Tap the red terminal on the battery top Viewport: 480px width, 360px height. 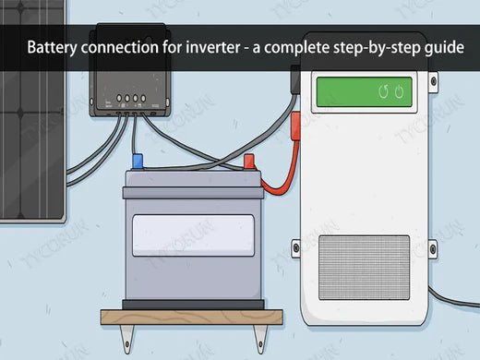tap(248, 163)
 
